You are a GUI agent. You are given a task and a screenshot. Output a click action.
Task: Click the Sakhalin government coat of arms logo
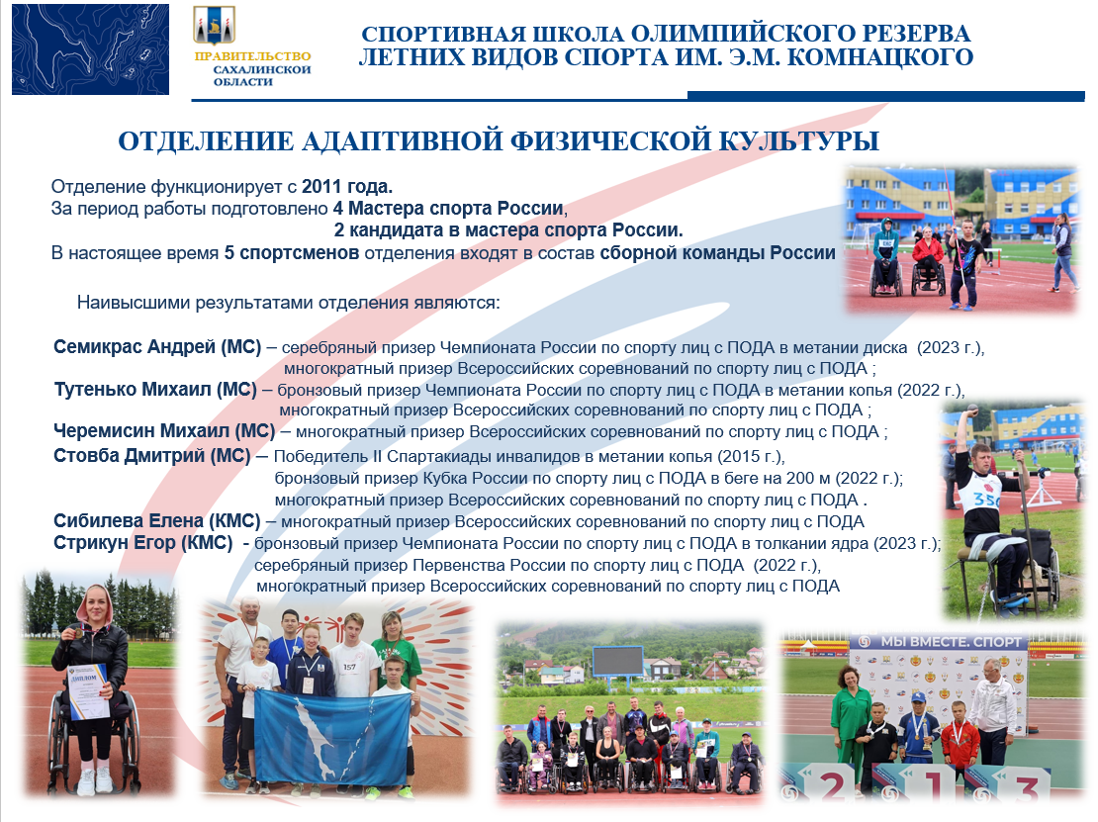(215, 25)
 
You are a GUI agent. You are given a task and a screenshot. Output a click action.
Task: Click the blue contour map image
(90, 49)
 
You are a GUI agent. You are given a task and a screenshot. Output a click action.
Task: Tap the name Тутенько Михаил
(134, 390)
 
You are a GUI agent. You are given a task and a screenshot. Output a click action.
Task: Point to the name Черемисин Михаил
(141, 430)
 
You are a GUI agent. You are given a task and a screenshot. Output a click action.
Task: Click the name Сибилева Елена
(129, 521)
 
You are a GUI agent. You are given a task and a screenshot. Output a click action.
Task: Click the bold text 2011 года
(346, 186)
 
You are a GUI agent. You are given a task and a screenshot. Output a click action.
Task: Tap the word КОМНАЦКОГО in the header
(880, 57)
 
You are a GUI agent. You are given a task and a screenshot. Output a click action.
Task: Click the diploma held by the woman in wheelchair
(87, 691)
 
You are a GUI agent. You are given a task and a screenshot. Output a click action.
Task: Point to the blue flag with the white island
(332, 734)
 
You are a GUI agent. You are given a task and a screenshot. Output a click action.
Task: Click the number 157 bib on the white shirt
(349, 667)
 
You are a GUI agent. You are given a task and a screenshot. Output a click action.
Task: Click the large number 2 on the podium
(833, 785)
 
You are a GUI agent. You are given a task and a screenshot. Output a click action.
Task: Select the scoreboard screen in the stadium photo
(617, 661)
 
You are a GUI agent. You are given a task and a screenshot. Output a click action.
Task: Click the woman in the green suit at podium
(851, 725)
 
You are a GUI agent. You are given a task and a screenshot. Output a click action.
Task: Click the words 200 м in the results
(810, 478)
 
